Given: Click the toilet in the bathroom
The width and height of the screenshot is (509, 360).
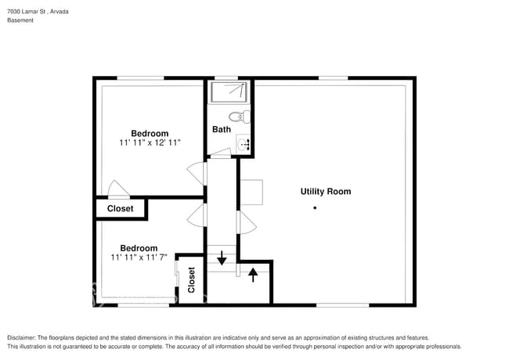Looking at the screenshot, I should point(245,118).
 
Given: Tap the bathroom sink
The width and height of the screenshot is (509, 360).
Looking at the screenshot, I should point(244,143).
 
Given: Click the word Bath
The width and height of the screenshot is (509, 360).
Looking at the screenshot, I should point(222,129).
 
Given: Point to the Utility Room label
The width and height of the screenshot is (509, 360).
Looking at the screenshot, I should point(326,191).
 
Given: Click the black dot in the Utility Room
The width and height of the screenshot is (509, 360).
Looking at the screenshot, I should point(315,207).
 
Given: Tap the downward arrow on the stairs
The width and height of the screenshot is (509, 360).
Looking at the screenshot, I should point(222,257).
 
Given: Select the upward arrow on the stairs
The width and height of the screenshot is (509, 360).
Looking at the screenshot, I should point(252,275).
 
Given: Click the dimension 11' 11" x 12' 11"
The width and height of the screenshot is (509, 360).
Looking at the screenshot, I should point(150,143).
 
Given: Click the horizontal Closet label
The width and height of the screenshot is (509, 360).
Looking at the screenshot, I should point(120,209).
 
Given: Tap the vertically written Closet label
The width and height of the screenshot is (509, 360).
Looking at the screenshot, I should point(192,279).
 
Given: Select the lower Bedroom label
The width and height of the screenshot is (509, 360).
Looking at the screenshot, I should point(139,247).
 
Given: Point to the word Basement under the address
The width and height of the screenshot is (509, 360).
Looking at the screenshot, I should point(20,20).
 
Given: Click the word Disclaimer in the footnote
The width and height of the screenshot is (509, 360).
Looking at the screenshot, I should point(23,337).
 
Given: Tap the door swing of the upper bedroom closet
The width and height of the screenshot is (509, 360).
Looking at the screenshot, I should point(118,189).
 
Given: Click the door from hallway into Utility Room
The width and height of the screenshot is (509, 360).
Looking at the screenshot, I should point(247,222).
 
